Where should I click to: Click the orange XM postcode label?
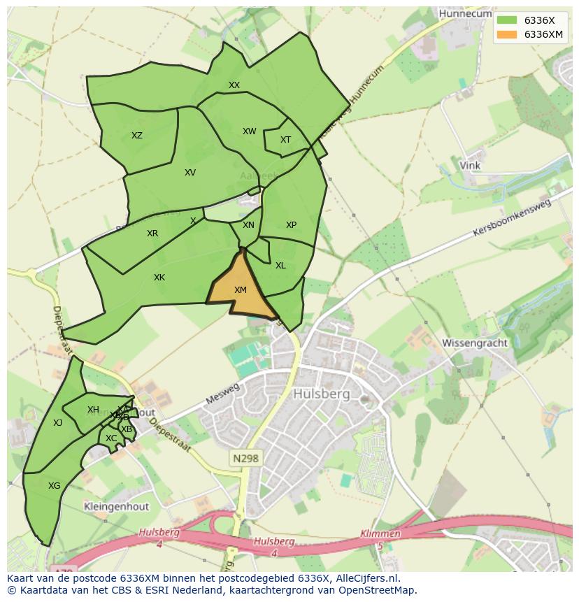coord(240,290)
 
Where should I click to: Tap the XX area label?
coord(234,85)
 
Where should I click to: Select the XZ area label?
coord(137,136)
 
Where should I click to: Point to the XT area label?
coord(285,140)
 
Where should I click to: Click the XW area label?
coord(250,131)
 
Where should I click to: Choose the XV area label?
coord(190,173)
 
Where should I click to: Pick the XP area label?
coord(291,225)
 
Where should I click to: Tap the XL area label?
coord(280,266)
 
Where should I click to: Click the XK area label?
coord(159,278)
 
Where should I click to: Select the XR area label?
coord(152,234)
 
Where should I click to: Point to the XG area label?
coord(54,485)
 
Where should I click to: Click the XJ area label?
coord(57,423)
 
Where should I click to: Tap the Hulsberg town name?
coord(322,394)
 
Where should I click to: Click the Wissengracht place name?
coord(473,343)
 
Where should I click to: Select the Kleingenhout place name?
coord(114,506)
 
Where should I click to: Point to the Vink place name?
coord(469,166)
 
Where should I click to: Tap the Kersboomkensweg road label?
coord(512,217)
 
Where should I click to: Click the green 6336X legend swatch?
coord(507,21)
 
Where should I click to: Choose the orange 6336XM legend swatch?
coord(507,34)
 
